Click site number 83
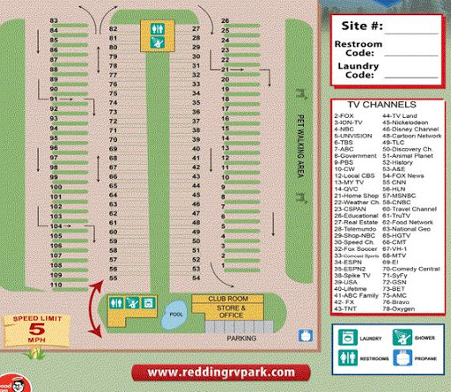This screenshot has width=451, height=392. point(55,20)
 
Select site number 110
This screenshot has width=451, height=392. point(55,285)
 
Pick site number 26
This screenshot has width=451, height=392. point(225,20)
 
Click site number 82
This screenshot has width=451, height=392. point(113,28)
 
